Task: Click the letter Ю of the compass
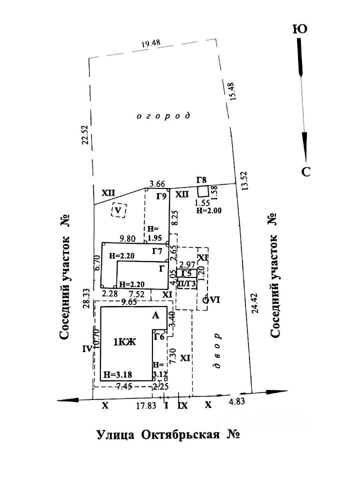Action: coord(299,29)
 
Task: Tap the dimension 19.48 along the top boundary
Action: coord(150,43)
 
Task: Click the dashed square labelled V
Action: coord(118,210)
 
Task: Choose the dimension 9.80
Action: coord(126,238)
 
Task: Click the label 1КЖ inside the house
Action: coord(124,342)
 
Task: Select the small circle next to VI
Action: coord(205,299)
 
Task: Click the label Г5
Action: coord(186,274)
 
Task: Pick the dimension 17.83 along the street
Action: coord(145,406)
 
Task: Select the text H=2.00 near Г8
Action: coord(209,210)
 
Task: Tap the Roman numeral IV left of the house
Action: coord(86,349)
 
